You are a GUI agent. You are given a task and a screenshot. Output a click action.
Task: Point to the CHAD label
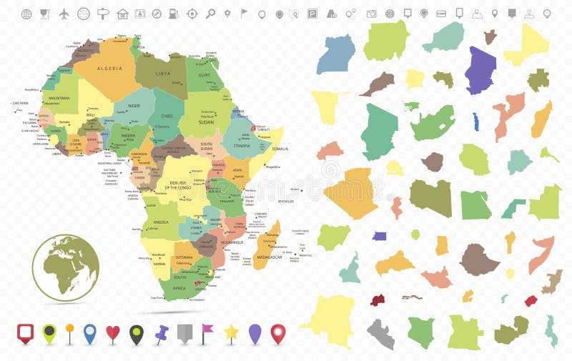click(167, 116)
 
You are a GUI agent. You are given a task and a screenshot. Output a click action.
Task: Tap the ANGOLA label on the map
click(162, 222)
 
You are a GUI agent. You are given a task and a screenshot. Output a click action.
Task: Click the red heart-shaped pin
click(112, 332)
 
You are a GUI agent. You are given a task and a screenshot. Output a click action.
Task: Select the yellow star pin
click(232, 332)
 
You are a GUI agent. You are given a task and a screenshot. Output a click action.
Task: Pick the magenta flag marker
click(207, 331)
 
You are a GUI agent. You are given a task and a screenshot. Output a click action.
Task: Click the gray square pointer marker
click(184, 333)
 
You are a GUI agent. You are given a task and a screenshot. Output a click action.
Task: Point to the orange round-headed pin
click(69, 332)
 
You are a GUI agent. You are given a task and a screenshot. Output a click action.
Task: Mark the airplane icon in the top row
click(64, 14)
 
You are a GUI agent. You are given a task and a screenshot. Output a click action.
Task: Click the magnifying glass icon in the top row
click(210, 14)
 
